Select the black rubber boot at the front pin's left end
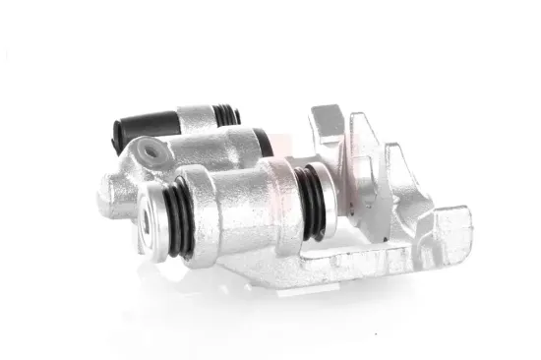click(x=178, y=213)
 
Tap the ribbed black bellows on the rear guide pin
click(x=227, y=116)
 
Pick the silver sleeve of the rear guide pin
click(x=198, y=120)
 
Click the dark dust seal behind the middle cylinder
click(x=263, y=142)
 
